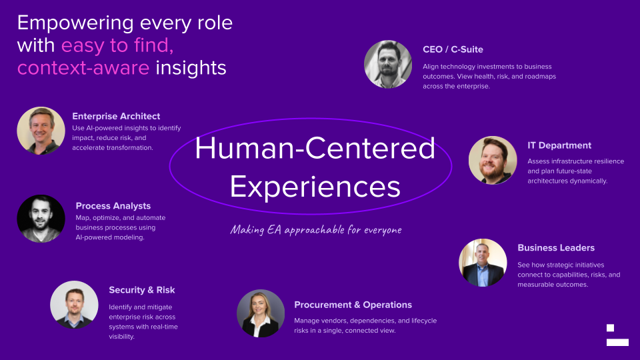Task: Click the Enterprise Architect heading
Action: point(116,116)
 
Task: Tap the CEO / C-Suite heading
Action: point(453,49)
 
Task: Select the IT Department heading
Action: point(559,145)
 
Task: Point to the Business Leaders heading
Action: point(555,247)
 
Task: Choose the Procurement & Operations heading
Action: point(353,305)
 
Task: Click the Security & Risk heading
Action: point(141,290)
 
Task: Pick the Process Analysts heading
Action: point(113,206)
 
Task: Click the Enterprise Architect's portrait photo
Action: point(41,131)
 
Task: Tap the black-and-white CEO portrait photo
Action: point(388,65)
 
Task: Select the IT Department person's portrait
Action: point(493,160)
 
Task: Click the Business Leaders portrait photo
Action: point(483,263)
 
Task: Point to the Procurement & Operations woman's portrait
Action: point(261,313)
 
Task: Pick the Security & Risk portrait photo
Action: point(74,305)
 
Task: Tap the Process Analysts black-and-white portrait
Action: point(41,219)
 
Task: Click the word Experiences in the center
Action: point(315,186)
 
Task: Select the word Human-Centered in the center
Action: point(315,148)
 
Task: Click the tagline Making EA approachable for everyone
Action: point(316,229)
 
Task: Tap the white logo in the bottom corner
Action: point(617,335)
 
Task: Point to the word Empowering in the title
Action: point(74,23)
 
